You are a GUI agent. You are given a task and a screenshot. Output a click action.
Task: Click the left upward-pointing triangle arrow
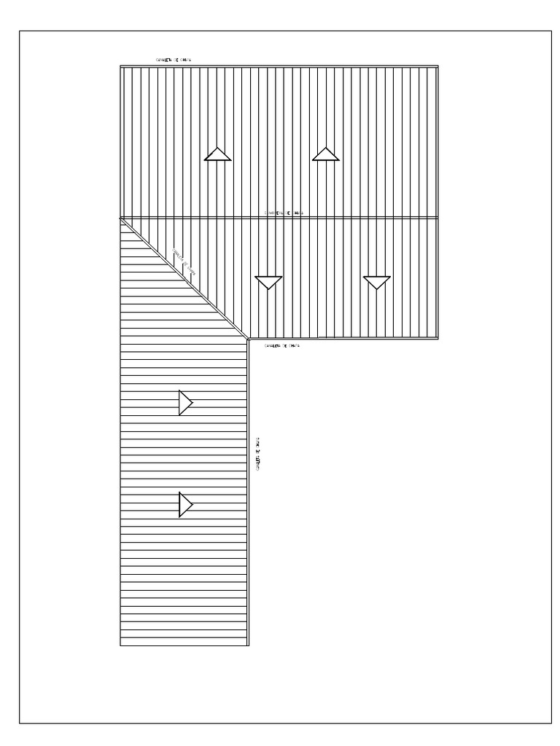217,154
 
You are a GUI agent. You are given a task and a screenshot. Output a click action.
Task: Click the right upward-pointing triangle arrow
325,154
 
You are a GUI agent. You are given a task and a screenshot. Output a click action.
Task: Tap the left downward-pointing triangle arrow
269,282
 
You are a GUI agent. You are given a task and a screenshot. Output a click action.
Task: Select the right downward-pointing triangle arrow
377,282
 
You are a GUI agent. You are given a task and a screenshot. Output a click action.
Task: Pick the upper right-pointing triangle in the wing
185,403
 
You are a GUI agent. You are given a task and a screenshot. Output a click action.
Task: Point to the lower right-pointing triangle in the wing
185,504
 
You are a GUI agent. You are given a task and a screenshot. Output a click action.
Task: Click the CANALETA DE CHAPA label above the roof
175,60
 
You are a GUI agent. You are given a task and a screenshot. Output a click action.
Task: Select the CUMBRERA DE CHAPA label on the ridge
284,213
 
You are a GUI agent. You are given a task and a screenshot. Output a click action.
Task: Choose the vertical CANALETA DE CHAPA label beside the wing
259,453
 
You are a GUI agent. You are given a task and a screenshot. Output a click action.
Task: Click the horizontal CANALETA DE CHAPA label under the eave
282,345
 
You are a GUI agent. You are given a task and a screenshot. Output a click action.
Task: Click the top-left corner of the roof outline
120,66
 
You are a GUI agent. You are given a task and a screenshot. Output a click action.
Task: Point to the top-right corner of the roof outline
438,66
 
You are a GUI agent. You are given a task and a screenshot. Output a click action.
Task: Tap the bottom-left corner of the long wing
120,645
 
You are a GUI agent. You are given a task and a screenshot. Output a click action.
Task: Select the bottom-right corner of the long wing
249,645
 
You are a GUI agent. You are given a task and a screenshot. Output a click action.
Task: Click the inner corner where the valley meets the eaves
248,339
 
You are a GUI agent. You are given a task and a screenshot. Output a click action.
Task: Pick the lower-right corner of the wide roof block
438,339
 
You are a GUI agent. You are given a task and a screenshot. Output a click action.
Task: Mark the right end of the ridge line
438,218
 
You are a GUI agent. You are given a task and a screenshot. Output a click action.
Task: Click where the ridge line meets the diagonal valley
121,219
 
